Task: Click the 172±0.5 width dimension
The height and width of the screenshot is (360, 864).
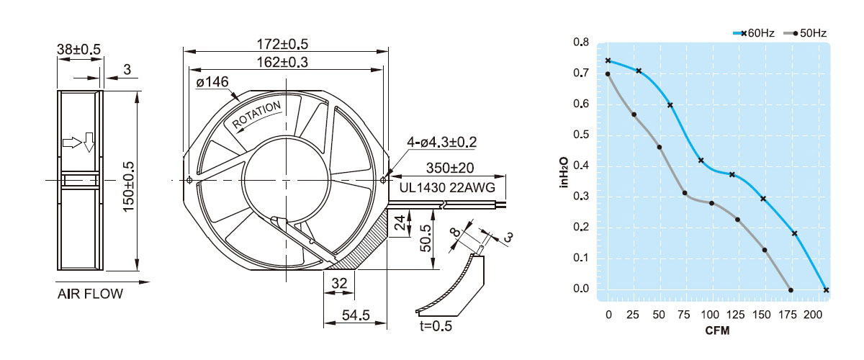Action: click(282, 44)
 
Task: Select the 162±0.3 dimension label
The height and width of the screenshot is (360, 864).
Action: click(282, 62)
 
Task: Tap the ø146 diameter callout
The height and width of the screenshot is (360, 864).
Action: click(212, 82)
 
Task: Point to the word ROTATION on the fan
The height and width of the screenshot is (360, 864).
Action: click(256, 114)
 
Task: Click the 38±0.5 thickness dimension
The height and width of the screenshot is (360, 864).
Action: click(78, 50)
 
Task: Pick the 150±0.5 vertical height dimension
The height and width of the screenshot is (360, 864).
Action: click(128, 186)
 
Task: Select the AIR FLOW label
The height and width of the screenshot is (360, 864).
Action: click(90, 294)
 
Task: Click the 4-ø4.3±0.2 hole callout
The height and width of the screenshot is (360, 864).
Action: click(441, 142)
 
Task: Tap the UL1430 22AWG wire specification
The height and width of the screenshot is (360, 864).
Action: click(447, 188)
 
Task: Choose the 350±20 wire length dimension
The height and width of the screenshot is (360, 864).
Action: click(450, 168)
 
